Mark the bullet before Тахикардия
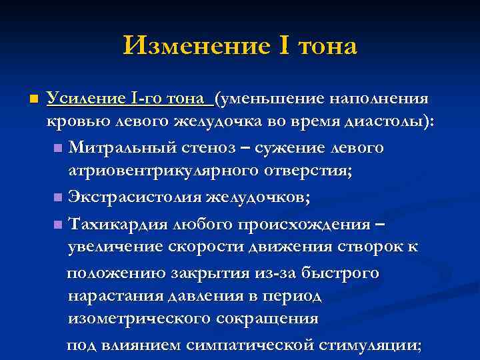tap(59, 223)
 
